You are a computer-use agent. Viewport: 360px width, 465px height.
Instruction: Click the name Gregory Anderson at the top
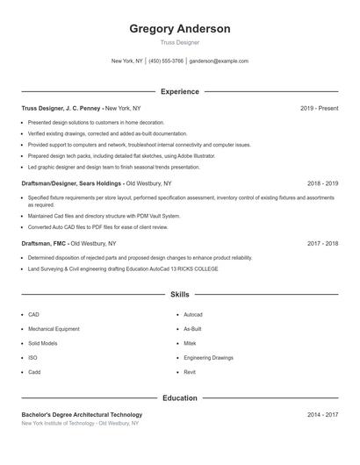coord(180,29)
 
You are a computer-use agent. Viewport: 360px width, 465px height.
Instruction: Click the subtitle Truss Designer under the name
coord(180,42)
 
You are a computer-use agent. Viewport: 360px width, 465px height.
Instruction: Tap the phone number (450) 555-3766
coord(166,61)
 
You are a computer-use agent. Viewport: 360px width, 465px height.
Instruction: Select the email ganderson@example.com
coord(220,61)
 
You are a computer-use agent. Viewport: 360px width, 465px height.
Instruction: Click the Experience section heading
coord(180,91)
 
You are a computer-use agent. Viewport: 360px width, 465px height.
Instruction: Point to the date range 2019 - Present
coord(319,108)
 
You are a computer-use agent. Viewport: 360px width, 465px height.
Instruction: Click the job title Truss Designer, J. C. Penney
coord(61,108)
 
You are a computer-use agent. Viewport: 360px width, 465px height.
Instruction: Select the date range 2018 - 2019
coord(322,183)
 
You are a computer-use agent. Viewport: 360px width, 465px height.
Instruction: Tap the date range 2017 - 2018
coord(322,243)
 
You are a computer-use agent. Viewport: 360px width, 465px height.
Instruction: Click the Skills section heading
coord(180,295)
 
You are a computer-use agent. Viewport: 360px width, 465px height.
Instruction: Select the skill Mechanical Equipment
coord(54,329)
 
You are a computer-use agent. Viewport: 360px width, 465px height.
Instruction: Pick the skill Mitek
coord(191,343)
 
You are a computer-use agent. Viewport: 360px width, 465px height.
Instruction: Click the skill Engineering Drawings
coord(208,358)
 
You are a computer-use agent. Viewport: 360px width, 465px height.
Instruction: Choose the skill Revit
coord(190,372)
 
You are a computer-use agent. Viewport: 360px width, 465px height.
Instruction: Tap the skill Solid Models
coord(43,343)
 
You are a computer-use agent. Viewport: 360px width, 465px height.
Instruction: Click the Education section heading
coord(180,398)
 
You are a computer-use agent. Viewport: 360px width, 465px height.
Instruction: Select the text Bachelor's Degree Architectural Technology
coord(82,414)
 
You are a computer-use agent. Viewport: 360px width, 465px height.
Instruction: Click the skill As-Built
coord(193,329)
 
